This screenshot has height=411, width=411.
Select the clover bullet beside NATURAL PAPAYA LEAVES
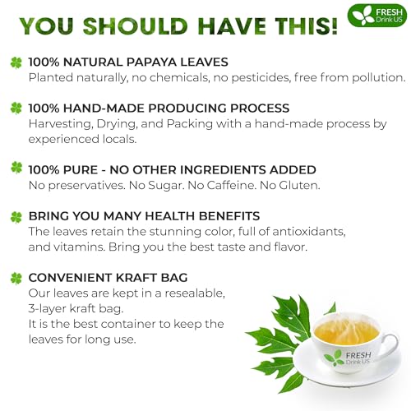point(16,62)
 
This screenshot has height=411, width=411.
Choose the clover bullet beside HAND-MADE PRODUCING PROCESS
point(16,108)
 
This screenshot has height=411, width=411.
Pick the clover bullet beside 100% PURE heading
point(16,169)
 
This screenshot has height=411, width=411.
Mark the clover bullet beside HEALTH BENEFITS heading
point(16,217)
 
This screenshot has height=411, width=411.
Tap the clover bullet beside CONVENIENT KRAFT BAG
point(16,279)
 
